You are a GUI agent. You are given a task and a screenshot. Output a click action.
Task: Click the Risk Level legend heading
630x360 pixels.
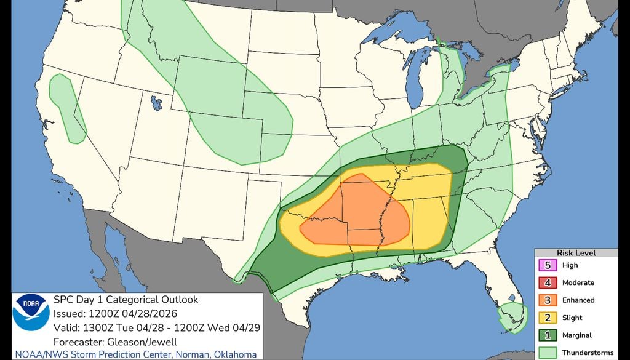tap(576, 253)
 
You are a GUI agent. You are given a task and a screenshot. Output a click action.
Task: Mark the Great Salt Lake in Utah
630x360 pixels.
tap(155, 102)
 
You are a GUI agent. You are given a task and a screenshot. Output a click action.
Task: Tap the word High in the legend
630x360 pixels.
tap(570, 265)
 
